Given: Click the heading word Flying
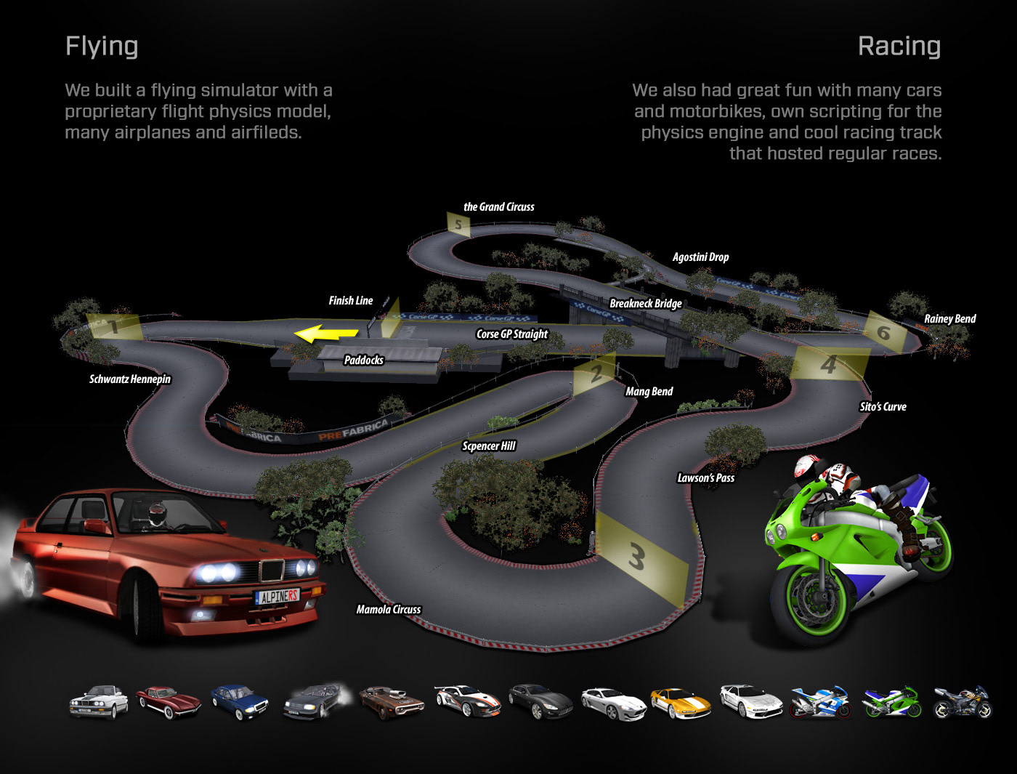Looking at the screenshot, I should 102,47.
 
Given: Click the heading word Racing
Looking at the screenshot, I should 899,47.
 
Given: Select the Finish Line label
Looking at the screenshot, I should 350,300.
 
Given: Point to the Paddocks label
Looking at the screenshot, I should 363,360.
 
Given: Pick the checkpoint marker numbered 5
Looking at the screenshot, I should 458,224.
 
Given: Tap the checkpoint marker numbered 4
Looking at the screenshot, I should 829,363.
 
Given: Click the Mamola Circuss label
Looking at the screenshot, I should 388,610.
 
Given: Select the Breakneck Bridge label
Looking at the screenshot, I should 645,303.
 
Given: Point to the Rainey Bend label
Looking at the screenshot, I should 949,318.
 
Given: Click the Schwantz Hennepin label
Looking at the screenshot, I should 130,379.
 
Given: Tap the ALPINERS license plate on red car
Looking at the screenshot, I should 277,597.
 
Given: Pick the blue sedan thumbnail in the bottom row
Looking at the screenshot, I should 240,701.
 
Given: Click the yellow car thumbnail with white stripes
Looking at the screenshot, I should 680,703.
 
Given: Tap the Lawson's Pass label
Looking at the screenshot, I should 705,477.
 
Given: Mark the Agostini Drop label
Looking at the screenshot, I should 700,257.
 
